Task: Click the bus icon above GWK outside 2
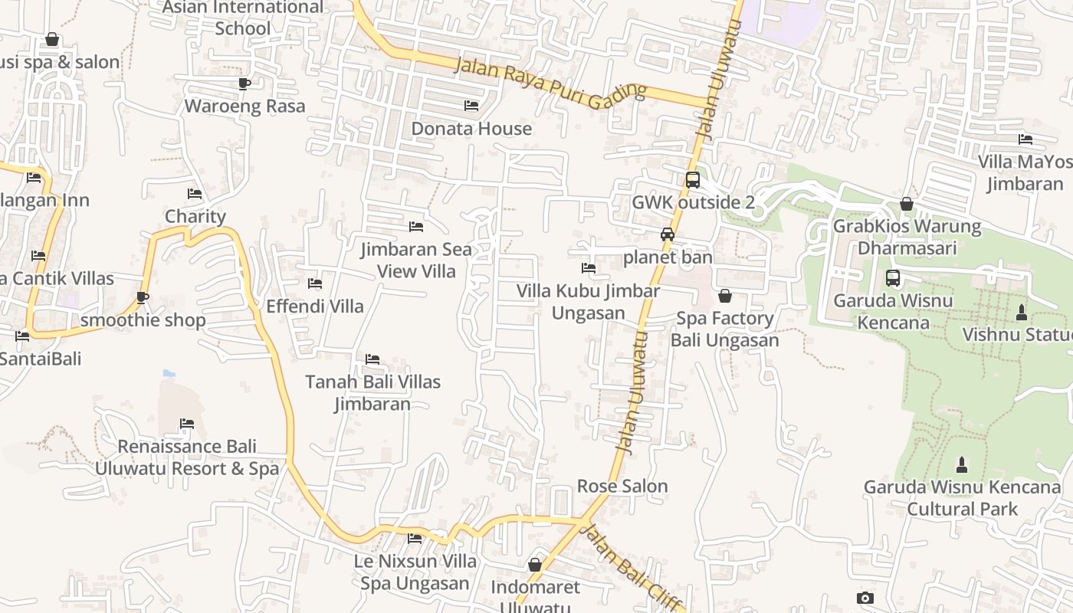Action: click(x=692, y=180)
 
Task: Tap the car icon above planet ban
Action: click(x=668, y=234)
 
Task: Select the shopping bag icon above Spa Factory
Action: click(x=725, y=296)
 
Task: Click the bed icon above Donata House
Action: click(x=471, y=105)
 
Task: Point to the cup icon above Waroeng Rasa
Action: click(x=244, y=83)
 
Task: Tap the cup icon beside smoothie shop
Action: click(x=143, y=297)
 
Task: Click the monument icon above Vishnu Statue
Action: click(x=1021, y=313)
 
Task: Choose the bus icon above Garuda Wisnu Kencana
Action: click(x=893, y=278)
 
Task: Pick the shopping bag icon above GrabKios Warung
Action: click(x=907, y=204)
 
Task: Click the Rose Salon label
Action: click(x=622, y=486)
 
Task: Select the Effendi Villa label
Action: click(x=315, y=306)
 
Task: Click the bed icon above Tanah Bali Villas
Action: click(x=372, y=359)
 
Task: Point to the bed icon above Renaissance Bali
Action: click(x=187, y=424)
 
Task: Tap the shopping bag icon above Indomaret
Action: click(x=535, y=565)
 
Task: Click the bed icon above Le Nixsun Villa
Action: click(x=415, y=539)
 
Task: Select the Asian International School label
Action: click(x=244, y=18)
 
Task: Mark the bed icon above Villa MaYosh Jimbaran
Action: click(x=1025, y=139)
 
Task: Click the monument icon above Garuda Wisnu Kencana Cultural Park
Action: click(x=962, y=465)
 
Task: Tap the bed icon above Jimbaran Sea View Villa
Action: click(x=416, y=227)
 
